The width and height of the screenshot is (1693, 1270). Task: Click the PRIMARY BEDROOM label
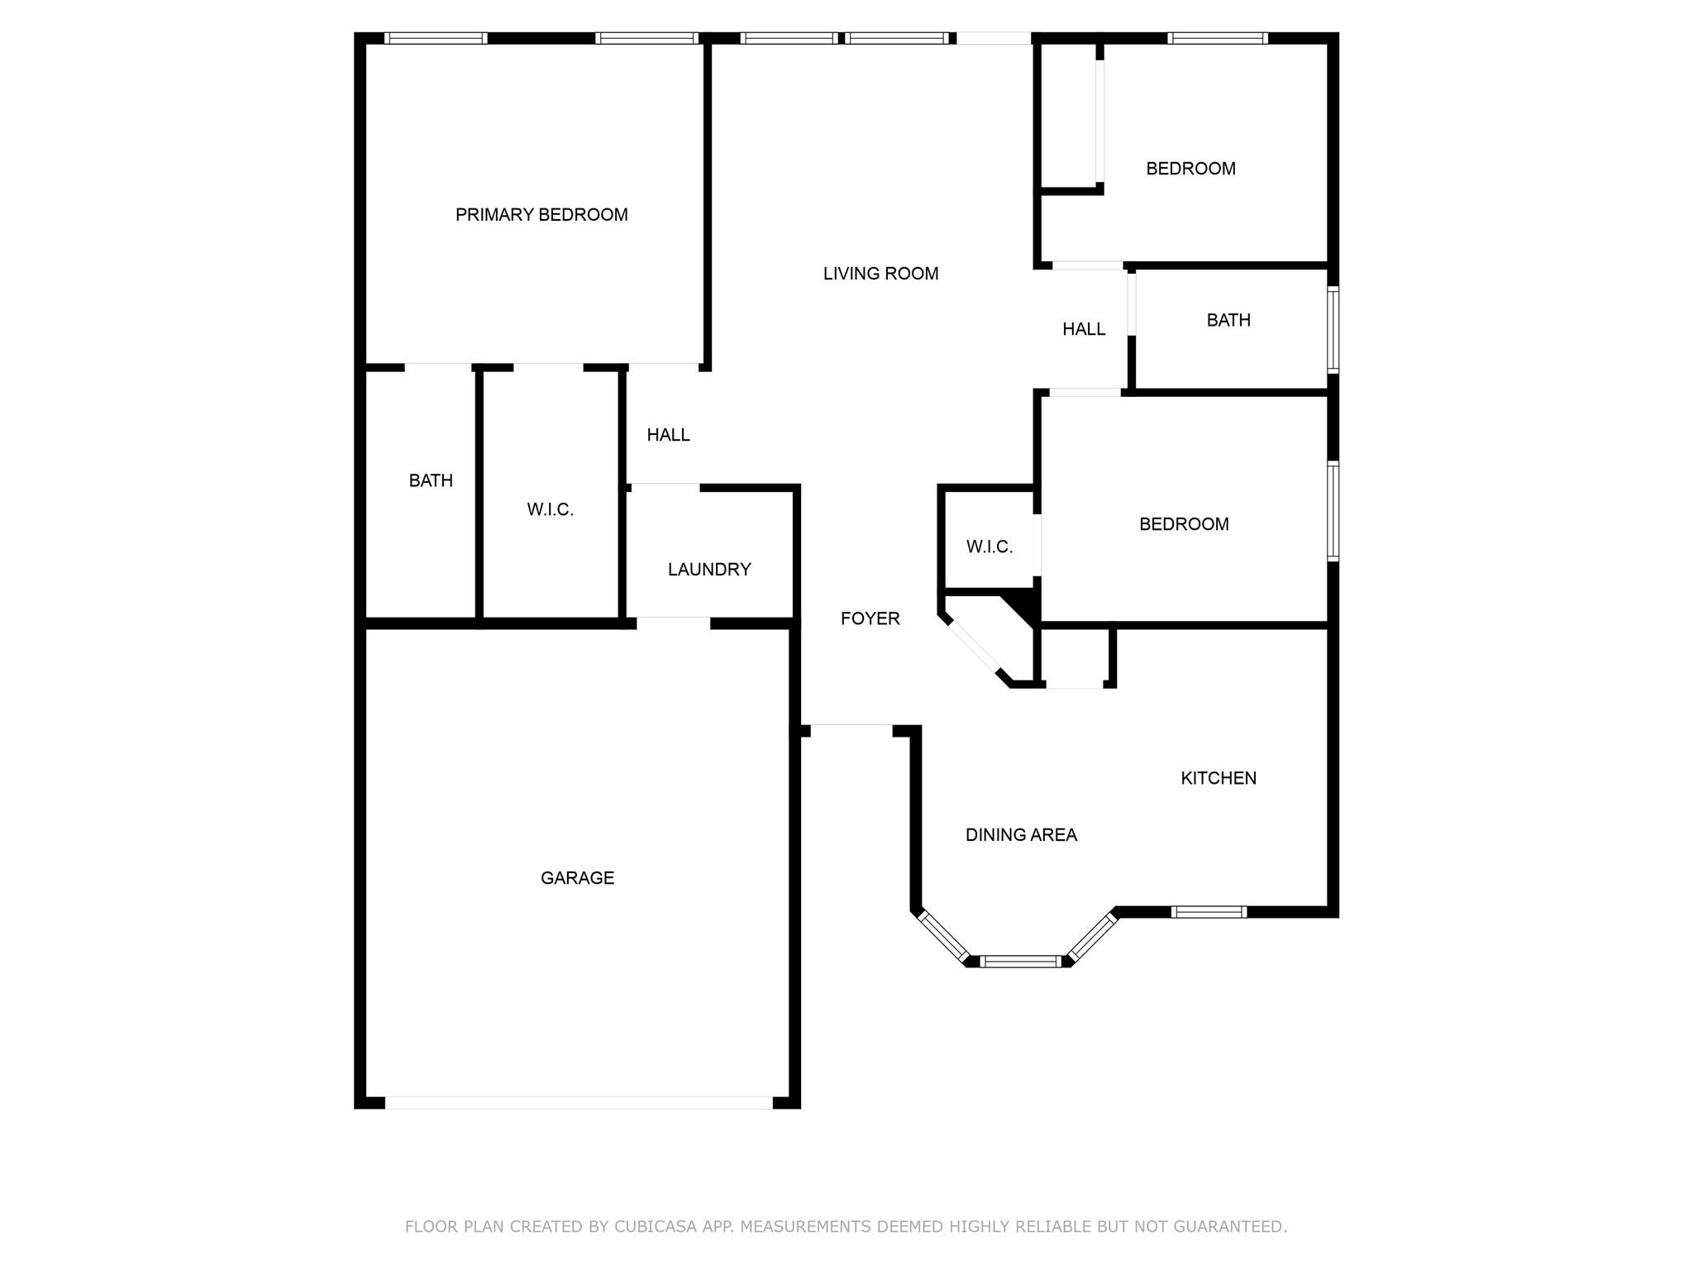tap(541, 215)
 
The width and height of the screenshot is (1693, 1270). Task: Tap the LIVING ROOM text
tap(880, 274)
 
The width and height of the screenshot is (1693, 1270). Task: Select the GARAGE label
tap(577, 878)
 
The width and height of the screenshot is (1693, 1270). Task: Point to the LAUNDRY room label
tap(709, 570)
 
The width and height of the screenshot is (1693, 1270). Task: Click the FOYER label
tap(870, 618)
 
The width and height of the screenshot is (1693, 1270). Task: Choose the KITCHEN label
tap(1218, 778)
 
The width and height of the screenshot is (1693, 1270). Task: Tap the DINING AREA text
tap(1021, 835)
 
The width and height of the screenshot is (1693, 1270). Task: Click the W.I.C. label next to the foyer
tap(989, 547)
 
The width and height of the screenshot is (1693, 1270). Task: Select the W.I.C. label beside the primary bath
tap(550, 509)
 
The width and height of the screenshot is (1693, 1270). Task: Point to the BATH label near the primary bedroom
tap(431, 480)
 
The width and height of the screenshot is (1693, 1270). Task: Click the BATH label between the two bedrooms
tap(1228, 320)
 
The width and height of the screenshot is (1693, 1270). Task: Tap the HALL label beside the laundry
tap(668, 435)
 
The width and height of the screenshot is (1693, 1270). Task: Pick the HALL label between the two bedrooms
tap(1084, 329)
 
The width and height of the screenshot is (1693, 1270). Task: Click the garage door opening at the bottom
tap(579, 1102)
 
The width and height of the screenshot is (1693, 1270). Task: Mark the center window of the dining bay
tap(1020, 961)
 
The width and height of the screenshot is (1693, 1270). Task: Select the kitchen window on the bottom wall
tap(1209, 912)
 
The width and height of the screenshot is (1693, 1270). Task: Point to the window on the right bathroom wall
tap(1333, 329)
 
